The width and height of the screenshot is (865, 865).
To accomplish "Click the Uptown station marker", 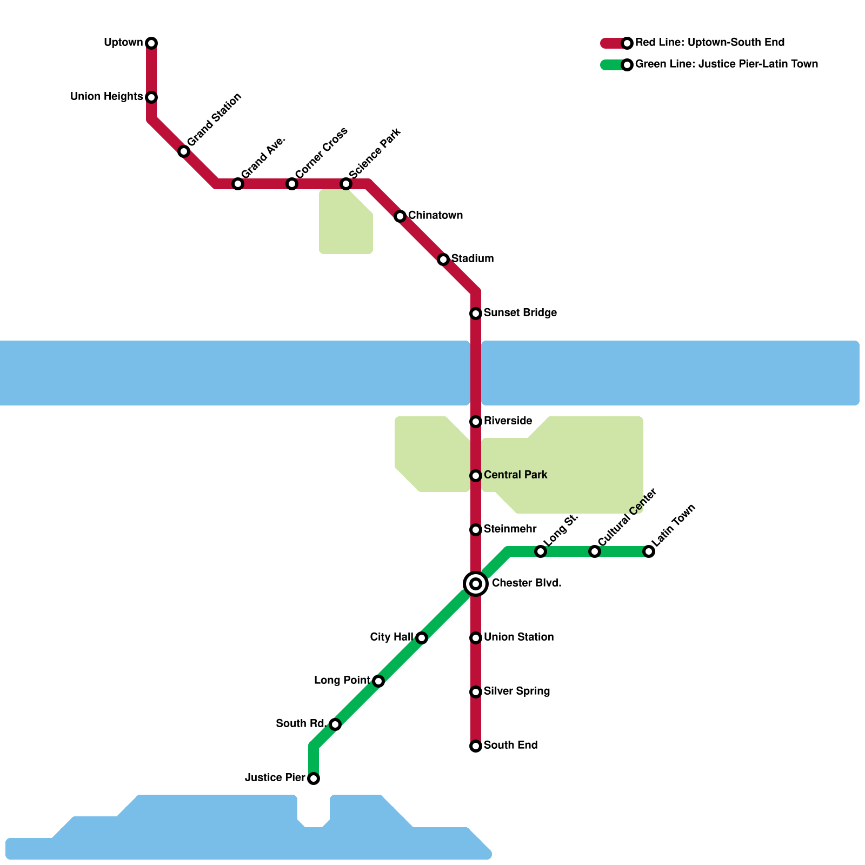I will point(151,43).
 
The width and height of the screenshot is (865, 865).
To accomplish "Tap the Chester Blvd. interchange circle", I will point(476,584).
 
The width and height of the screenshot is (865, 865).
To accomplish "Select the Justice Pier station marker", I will point(314,778).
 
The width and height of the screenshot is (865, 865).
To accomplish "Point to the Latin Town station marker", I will point(649,551).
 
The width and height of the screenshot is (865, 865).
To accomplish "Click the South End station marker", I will point(476,746).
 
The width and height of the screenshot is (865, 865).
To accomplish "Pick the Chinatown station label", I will point(435,216).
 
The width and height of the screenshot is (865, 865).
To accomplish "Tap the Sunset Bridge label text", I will point(520,313).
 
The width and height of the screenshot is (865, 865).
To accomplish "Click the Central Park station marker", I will point(476,476).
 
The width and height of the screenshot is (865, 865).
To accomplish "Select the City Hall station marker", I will point(422,638).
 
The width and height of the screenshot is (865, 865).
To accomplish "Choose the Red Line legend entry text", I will point(709,43).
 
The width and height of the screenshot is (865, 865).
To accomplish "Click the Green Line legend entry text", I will point(726,64).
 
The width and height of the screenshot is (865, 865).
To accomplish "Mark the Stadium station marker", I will point(443,259).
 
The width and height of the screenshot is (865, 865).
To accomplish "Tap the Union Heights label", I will point(107,97).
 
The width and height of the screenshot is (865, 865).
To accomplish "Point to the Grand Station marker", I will point(184,151).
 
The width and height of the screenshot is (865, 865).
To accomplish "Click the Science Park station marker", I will point(346,184).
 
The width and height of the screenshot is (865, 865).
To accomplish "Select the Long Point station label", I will point(342,681).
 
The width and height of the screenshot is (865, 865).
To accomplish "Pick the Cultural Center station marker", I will point(595,551).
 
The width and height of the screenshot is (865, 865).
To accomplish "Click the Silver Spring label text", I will point(517,691).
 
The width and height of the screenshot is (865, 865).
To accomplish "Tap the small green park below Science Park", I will point(345,224).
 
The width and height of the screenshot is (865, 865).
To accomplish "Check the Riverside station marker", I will point(476,422).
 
